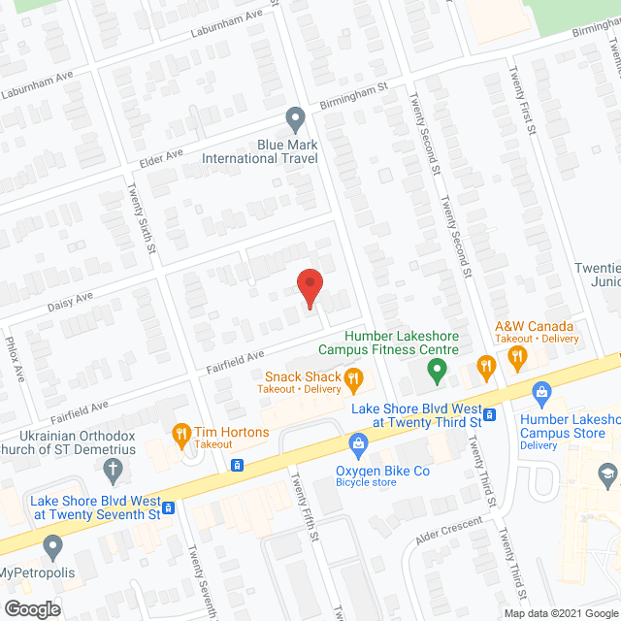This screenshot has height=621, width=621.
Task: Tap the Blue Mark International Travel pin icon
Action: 296,120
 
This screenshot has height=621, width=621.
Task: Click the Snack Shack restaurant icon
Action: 354,377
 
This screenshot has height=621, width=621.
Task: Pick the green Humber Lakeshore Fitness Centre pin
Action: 437,368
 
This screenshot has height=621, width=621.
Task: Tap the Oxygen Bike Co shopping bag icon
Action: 358,445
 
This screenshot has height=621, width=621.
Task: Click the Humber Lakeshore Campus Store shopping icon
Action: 542,392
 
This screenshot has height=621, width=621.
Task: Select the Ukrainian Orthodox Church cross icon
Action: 114,472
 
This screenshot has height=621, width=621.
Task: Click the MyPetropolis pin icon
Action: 52,545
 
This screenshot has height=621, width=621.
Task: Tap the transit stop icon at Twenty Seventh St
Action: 169,507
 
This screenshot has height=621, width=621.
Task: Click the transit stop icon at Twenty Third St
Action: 490,415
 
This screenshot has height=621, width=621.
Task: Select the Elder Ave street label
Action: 161,156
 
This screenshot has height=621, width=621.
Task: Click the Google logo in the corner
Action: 30,608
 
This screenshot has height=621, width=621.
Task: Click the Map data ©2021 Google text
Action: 559,612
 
